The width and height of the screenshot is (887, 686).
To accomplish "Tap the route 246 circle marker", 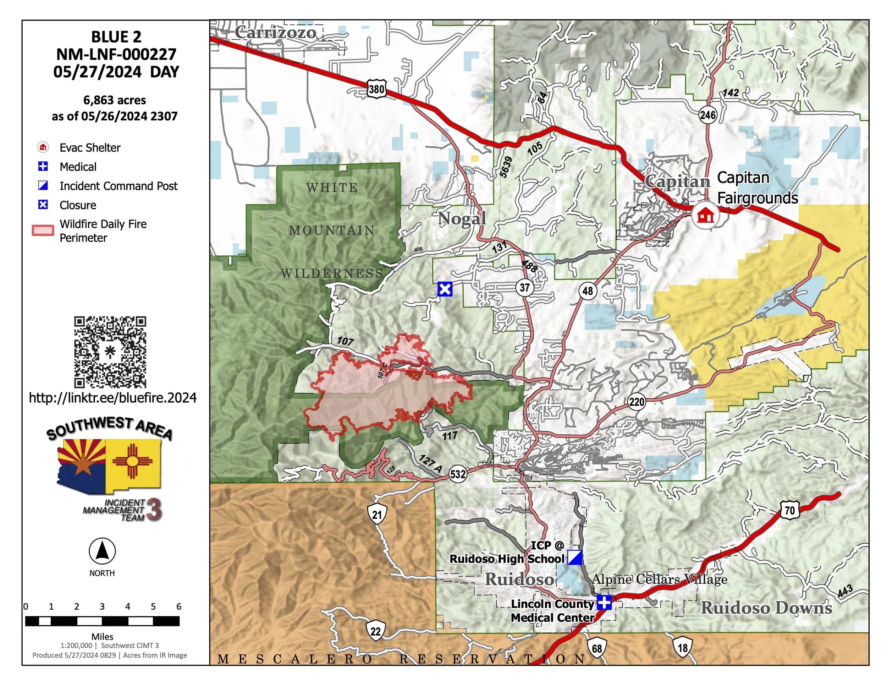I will [707, 115].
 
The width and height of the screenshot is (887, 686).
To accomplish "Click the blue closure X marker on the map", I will [445, 289].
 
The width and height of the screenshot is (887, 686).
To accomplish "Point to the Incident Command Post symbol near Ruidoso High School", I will [575, 557].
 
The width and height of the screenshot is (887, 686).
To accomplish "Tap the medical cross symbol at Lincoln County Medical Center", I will [604, 602].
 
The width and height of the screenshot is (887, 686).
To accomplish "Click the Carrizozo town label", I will [275, 33].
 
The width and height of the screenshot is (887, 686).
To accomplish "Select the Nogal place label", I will [462, 219].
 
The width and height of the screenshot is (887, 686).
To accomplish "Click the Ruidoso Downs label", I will [766, 608].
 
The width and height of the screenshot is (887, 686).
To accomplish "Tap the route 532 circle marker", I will [458, 474].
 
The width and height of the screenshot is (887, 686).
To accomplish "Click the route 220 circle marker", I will [637, 402].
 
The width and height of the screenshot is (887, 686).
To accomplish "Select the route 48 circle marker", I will [587, 291].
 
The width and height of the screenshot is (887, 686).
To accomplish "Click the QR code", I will [110, 352].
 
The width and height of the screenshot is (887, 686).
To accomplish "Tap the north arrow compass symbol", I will [102, 551].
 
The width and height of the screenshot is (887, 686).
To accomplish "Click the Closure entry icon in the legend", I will [43, 205].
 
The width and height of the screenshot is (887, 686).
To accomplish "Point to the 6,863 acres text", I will [115, 100].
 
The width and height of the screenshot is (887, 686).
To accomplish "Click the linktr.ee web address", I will [112, 397].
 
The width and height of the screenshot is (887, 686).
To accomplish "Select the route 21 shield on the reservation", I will [377, 514].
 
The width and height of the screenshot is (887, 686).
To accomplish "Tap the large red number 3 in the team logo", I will [154, 510].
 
